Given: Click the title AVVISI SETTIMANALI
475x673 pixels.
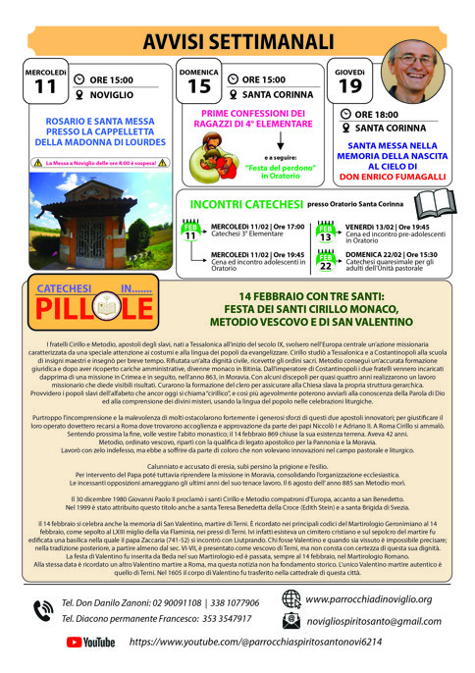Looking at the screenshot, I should click(237, 40).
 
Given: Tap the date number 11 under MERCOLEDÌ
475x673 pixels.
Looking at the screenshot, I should click(45, 86).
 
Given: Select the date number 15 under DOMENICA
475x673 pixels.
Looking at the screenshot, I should click(199, 87).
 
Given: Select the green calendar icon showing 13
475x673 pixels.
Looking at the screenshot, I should click(326, 232).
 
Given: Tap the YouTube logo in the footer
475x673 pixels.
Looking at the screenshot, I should click(90, 642).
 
